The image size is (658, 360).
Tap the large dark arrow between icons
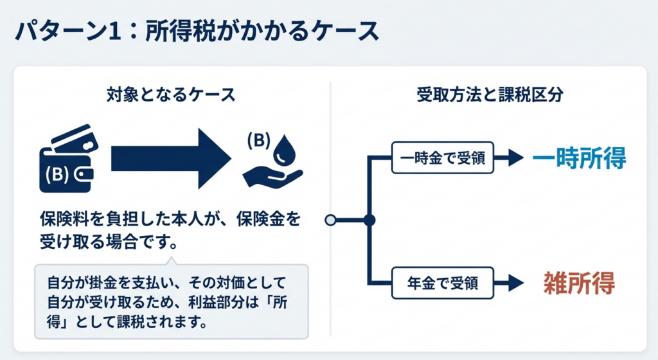[170, 157]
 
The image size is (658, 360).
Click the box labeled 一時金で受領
[443, 158]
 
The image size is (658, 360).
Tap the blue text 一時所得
[579, 158]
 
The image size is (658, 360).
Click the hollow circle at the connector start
[331, 220]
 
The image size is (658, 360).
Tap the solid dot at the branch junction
[369, 220]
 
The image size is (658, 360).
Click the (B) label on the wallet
[57, 174]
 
